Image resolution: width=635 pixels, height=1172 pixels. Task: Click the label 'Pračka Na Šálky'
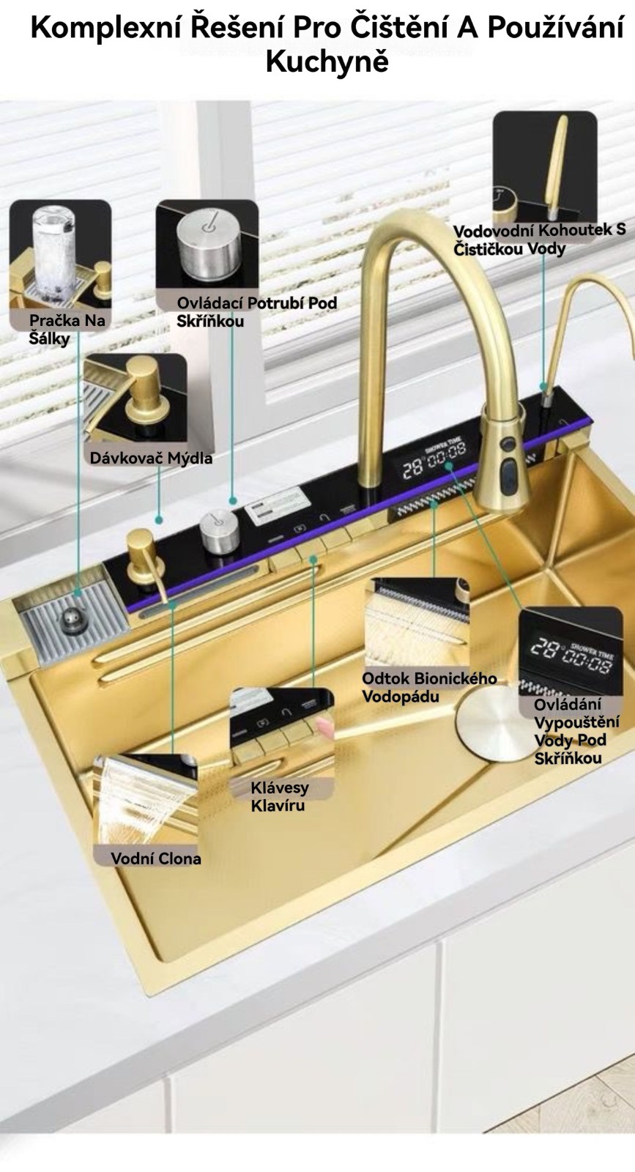(67, 329)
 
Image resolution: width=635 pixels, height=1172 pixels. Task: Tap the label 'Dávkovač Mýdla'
(151, 458)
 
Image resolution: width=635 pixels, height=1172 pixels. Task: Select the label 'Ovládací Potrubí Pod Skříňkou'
(256, 311)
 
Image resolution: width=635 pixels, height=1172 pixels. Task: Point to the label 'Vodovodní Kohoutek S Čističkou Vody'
(539, 240)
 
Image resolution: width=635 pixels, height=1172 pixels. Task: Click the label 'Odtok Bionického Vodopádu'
(429, 687)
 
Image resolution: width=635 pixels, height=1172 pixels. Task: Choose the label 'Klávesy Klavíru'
(279, 796)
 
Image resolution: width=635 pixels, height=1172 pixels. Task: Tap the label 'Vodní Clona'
(155, 858)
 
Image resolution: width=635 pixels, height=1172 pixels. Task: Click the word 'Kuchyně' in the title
(327, 62)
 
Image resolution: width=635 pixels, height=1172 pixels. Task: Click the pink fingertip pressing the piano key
(324, 727)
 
